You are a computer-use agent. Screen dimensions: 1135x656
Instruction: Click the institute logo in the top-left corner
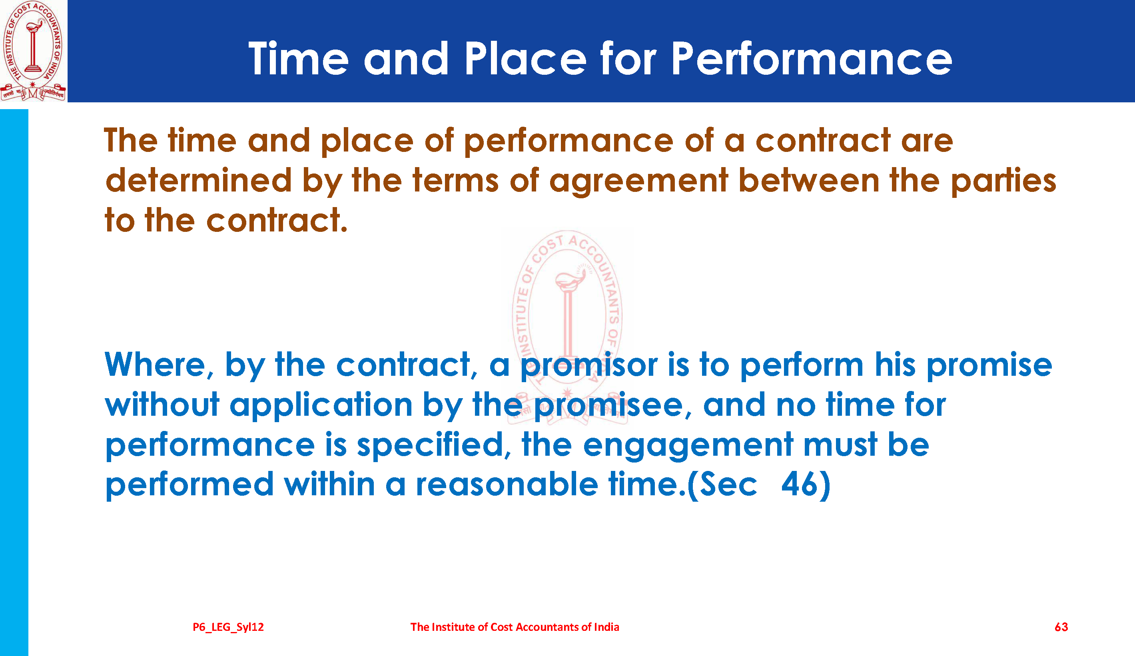pyautogui.click(x=33, y=51)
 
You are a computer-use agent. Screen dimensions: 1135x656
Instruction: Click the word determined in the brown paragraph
pyautogui.click(x=199, y=180)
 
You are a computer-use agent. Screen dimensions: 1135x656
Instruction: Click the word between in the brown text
pyautogui.click(x=809, y=180)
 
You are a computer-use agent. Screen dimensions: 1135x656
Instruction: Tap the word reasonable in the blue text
pyautogui.click(x=507, y=485)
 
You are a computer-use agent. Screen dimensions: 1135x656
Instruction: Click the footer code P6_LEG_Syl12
pyautogui.click(x=228, y=627)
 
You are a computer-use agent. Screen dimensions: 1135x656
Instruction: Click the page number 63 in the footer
pyautogui.click(x=1061, y=627)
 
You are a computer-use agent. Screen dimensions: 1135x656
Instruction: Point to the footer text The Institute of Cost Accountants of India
pyautogui.click(x=515, y=627)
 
